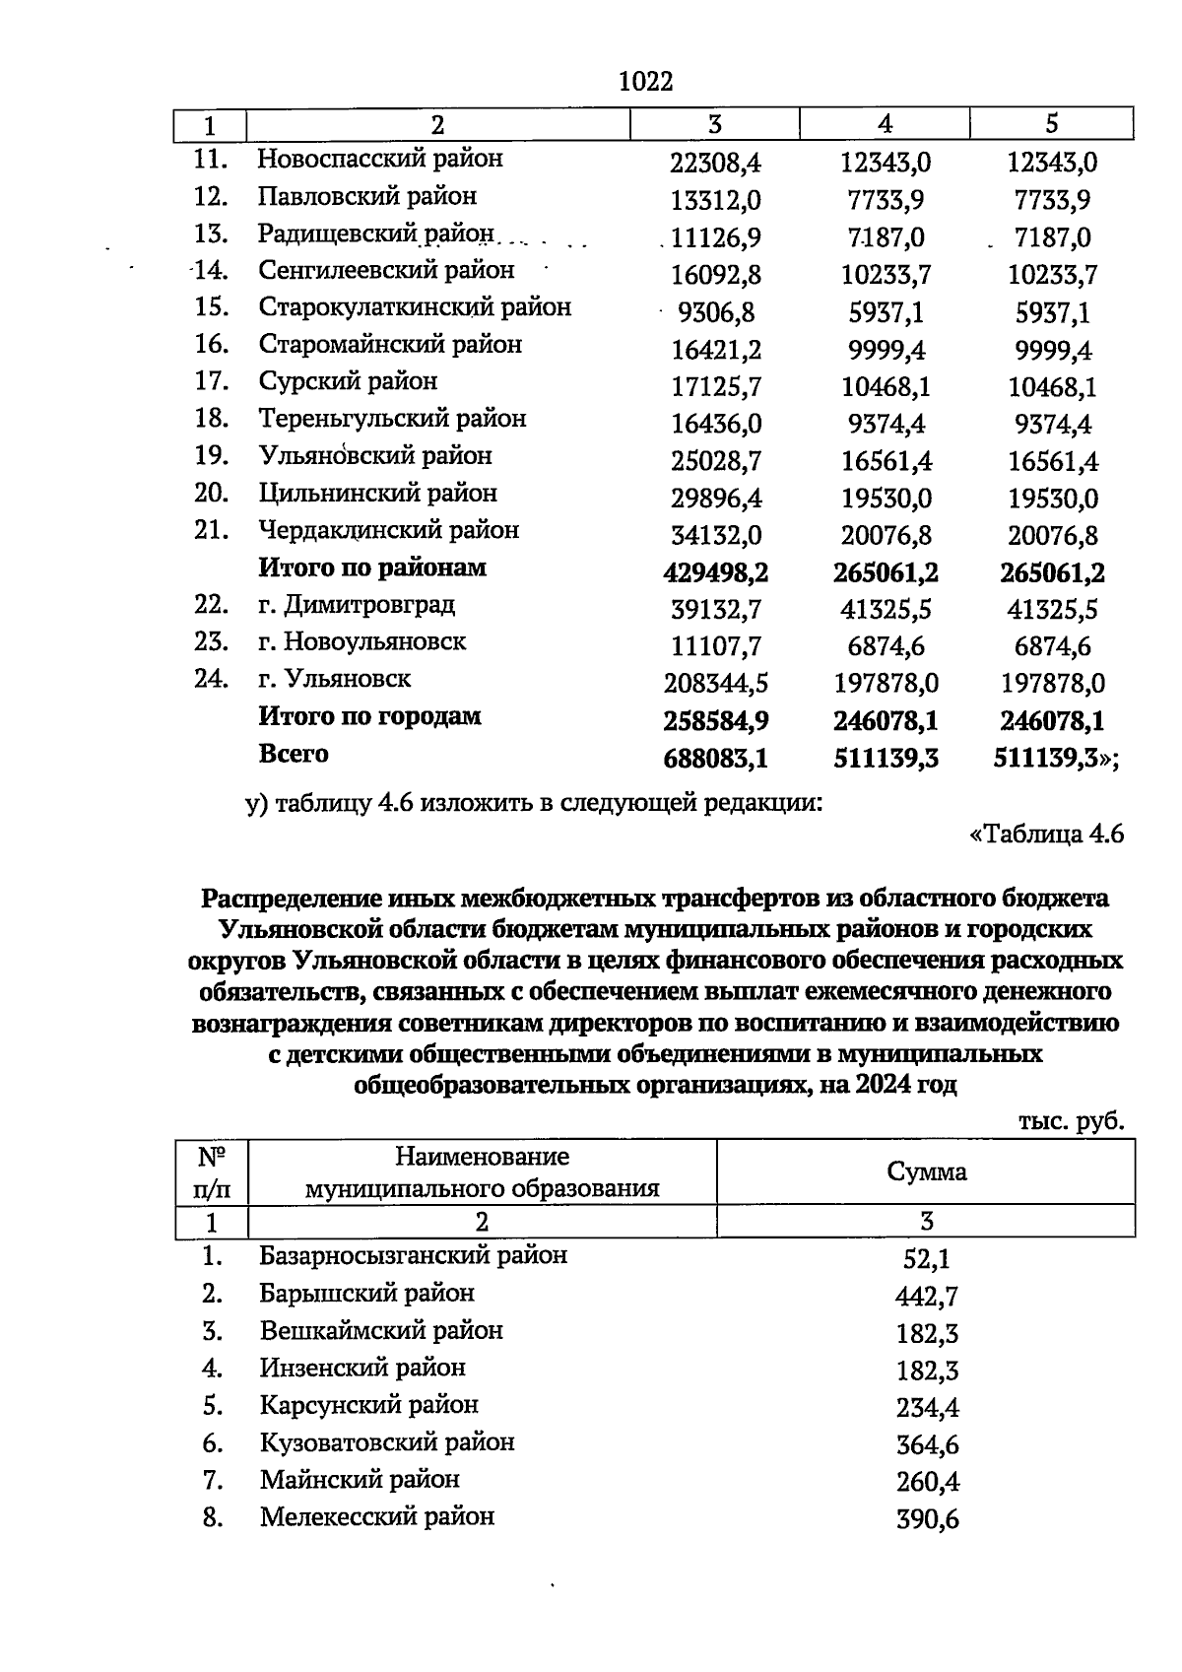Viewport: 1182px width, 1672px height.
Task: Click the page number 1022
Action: pos(645,82)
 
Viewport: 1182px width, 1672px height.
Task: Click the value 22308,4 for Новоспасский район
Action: pos(716,163)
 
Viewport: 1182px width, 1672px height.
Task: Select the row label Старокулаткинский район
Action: pos(415,307)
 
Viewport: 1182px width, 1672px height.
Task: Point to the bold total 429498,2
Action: pos(716,572)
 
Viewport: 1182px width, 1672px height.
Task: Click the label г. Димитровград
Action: pos(357,604)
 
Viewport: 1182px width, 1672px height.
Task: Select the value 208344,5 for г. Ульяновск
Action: pos(716,683)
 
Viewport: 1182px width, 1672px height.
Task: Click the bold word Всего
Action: pos(294,754)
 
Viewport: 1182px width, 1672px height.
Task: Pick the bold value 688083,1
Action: pos(716,759)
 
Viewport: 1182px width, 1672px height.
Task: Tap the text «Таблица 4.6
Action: pos(1046,835)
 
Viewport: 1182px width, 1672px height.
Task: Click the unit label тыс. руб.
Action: pos(1072,1121)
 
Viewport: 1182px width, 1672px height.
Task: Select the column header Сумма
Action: pos(926,1171)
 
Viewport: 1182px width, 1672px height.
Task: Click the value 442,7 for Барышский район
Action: pos(926,1297)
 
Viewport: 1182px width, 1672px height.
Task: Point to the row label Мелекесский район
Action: pos(377,1516)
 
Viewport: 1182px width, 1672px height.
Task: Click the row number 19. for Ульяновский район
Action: pos(213,456)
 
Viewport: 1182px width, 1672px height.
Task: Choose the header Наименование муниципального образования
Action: pos(482,1171)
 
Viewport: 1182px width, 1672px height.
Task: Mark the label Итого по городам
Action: pos(369,716)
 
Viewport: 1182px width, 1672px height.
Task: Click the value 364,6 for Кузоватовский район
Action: pos(926,1445)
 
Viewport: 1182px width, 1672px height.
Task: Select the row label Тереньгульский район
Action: pos(392,419)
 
